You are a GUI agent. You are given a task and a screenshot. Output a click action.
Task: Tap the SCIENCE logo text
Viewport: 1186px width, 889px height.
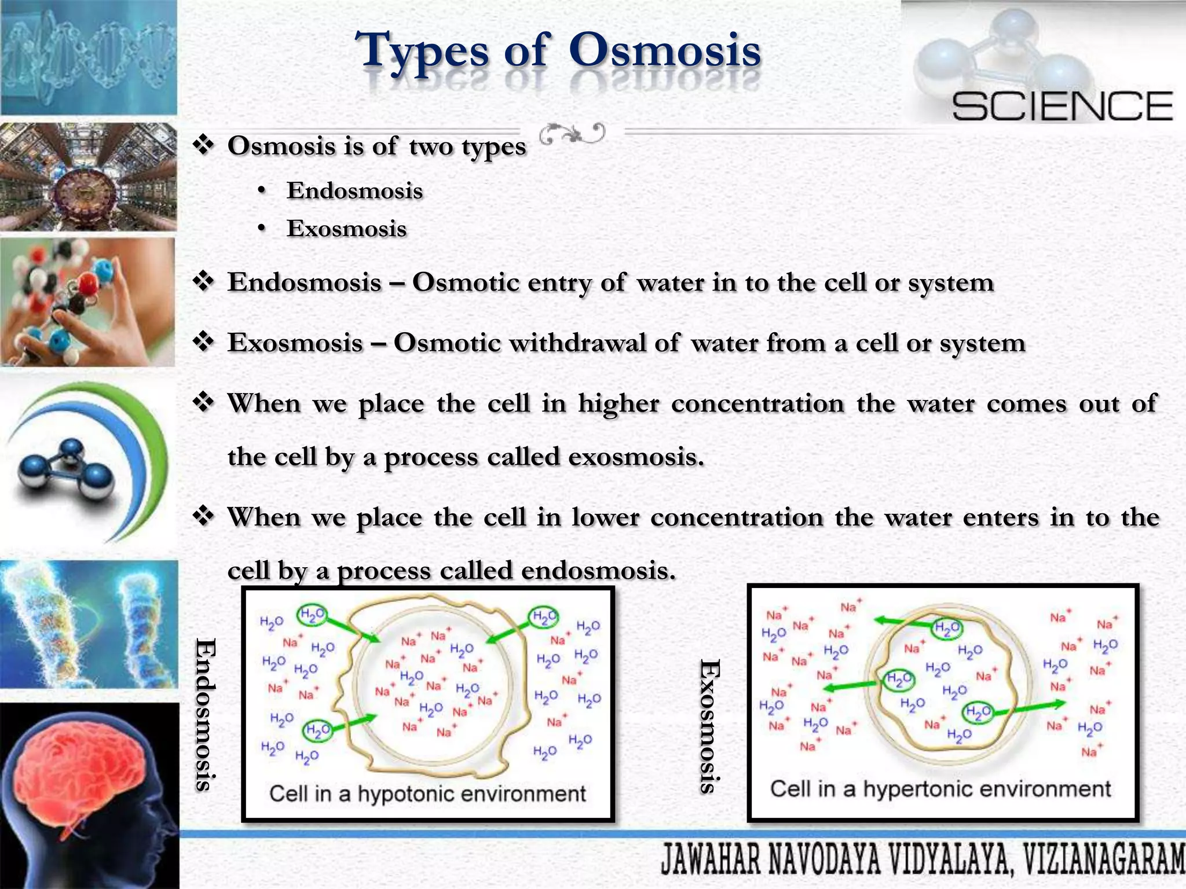pos(1062,106)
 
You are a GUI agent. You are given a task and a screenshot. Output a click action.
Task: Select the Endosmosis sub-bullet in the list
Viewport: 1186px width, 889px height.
pos(354,191)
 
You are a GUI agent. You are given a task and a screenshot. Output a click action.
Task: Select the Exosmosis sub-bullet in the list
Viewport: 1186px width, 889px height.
pos(346,229)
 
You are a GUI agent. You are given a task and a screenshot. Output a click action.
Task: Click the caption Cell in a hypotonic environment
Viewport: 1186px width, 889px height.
pos(427,794)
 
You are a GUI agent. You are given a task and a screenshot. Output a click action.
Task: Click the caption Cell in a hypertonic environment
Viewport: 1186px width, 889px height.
pos(940,789)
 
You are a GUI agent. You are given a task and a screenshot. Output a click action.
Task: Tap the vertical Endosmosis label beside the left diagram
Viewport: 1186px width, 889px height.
pos(205,714)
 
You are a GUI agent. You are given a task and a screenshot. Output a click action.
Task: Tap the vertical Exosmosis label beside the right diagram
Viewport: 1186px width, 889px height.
pos(709,726)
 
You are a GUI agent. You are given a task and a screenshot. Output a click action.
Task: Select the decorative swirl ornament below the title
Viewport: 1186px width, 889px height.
pos(572,134)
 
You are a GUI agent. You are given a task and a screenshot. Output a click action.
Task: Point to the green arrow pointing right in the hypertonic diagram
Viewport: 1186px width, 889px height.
pos(1037,706)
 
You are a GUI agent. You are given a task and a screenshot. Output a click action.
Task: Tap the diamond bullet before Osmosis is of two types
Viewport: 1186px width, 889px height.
pos(203,145)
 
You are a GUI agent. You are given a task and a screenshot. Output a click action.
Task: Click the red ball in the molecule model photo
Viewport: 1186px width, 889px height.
pos(88,284)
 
